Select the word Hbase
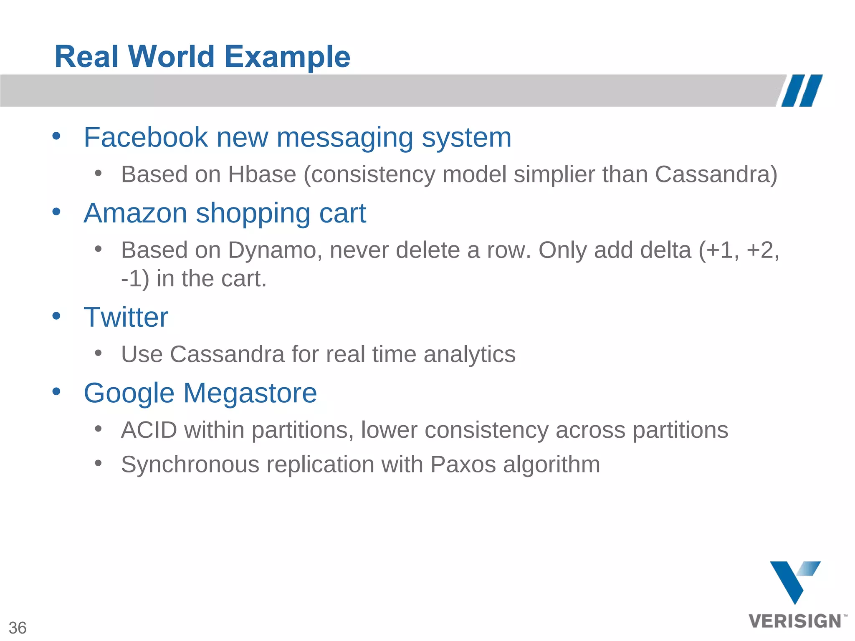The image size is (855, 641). click(262, 174)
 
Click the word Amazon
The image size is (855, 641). click(135, 213)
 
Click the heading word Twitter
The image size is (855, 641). click(126, 317)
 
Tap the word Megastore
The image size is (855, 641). click(250, 393)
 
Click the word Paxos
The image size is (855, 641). click(463, 464)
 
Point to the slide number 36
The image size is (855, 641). click(18, 628)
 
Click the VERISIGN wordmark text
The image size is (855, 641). click(795, 621)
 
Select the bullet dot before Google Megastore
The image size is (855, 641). click(56, 391)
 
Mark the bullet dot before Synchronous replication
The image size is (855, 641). click(98, 463)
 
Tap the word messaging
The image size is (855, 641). click(344, 138)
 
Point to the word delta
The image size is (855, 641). click(665, 250)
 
